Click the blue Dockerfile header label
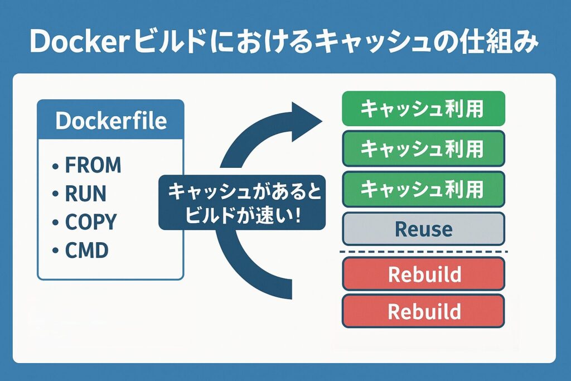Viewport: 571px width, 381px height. [110, 120]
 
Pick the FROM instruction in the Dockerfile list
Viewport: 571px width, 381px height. [93, 165]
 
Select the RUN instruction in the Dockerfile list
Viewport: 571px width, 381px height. [85, 194]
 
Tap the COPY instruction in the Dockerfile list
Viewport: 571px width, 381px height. [91, 222]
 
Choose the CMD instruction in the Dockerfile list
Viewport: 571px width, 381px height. [86, 250]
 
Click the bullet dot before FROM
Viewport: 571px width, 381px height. [55, 166]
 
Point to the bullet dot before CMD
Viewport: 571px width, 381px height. [55, 252]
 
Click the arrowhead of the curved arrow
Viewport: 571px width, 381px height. [307, 118]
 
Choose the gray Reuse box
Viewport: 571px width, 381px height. [423, 229]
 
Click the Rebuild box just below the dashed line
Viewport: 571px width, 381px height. [423, 274]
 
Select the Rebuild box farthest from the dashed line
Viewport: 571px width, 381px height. [423, 311]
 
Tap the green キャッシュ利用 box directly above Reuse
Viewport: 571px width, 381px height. [423, 189]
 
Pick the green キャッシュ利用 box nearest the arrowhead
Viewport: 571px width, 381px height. [423, 109]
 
